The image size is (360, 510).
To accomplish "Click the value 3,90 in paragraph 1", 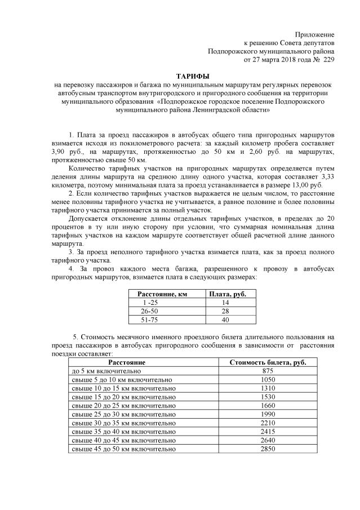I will (x=58, y=153).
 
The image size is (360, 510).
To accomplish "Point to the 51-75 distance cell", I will (x=149, y=320).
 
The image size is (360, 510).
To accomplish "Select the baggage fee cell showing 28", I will (x=225, y=311).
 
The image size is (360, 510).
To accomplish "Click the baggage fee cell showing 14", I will (x=225, y=303).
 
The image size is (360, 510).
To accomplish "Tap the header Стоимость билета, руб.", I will (x=268, y=362).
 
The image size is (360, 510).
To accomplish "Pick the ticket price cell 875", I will (x=268, y=371).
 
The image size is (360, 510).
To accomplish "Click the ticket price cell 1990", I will (x=268, y=415).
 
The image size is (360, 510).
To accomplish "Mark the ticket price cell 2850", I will (x=268, y=449).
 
